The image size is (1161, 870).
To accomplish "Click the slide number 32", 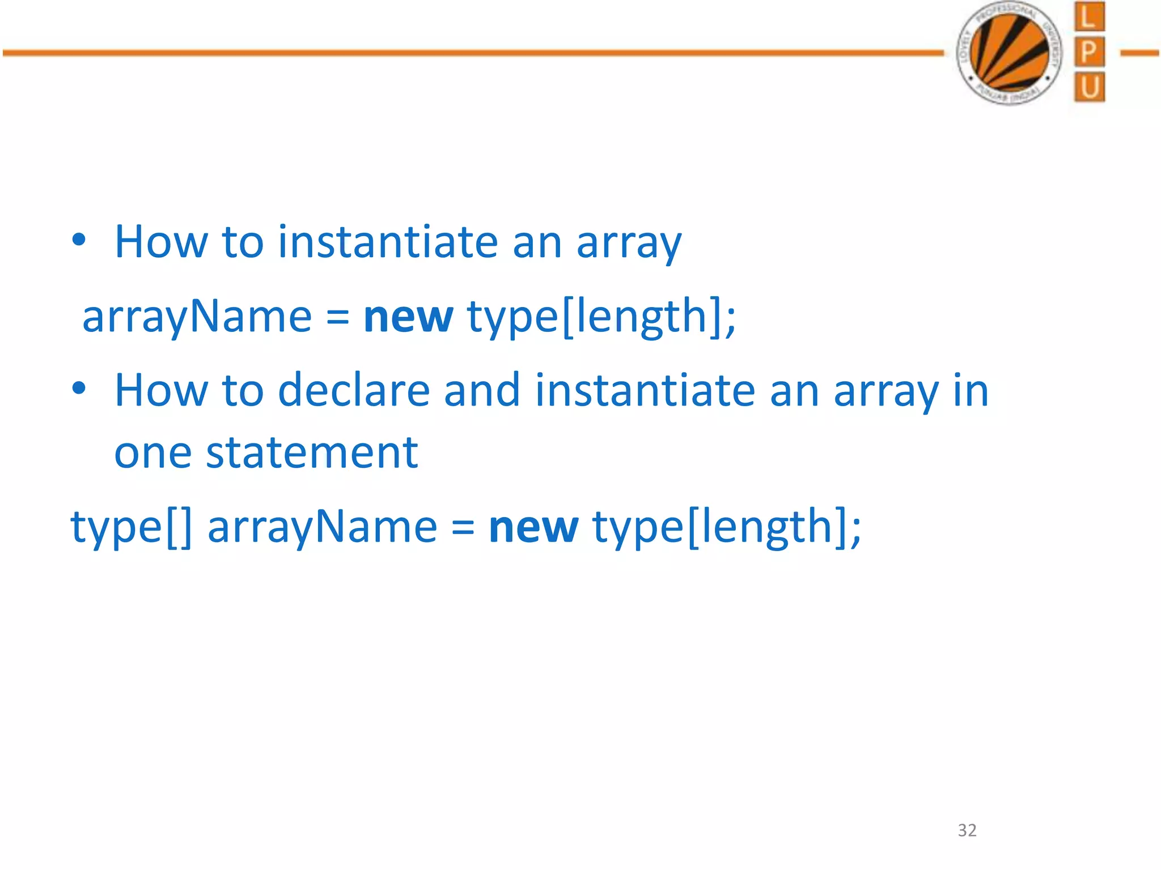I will click(967, 830).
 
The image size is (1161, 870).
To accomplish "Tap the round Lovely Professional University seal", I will click(1009, 53).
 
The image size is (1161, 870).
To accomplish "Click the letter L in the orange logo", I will click(1089, 17).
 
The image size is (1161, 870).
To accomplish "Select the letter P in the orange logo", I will click(1089, 52).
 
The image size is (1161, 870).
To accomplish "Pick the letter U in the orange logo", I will click(1089, 87).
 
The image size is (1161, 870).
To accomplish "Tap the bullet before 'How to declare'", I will click(79, 389).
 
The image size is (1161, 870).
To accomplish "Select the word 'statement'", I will click(311, 453).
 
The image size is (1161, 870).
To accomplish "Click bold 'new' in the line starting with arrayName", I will click(408, 317).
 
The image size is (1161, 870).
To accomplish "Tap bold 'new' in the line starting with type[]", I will click(533, 527).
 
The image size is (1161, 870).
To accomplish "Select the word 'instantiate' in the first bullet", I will click(388, 242).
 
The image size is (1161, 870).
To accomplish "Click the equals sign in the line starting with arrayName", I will click(337, 318).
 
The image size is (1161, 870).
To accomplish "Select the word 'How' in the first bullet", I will click(161, 242).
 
